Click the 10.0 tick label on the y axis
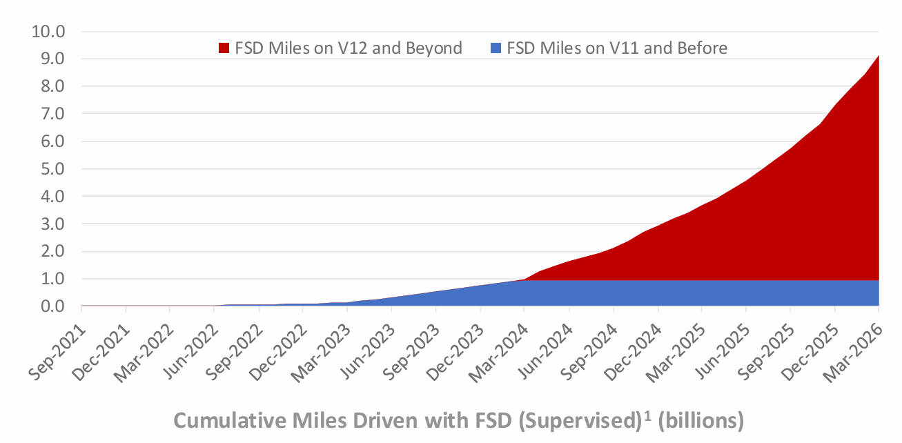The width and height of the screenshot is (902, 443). pyautogui.click(x=48, y=32)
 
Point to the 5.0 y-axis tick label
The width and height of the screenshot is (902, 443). pyautogui.click(x=52, y=169)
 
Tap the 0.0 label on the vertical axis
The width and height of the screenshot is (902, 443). pyautogui.click(x=52, y=306)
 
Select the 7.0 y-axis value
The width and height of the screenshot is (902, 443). pyautogui.click(x=52, y=114)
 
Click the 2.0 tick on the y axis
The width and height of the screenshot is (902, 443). pyautogui.click(x=52, y=252)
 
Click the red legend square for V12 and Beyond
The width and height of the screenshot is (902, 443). pyautogui.click(x=224, y=48)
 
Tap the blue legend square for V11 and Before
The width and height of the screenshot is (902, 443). pyautogui.click(x=495, y=48)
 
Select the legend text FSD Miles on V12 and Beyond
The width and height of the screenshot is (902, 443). pyautogui.click(x=349, y=48)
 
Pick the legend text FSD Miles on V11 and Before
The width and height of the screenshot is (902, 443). pyautogui.click(x=617, y=48)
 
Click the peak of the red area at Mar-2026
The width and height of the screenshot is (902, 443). pyautogui.click(x=878, y=55)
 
